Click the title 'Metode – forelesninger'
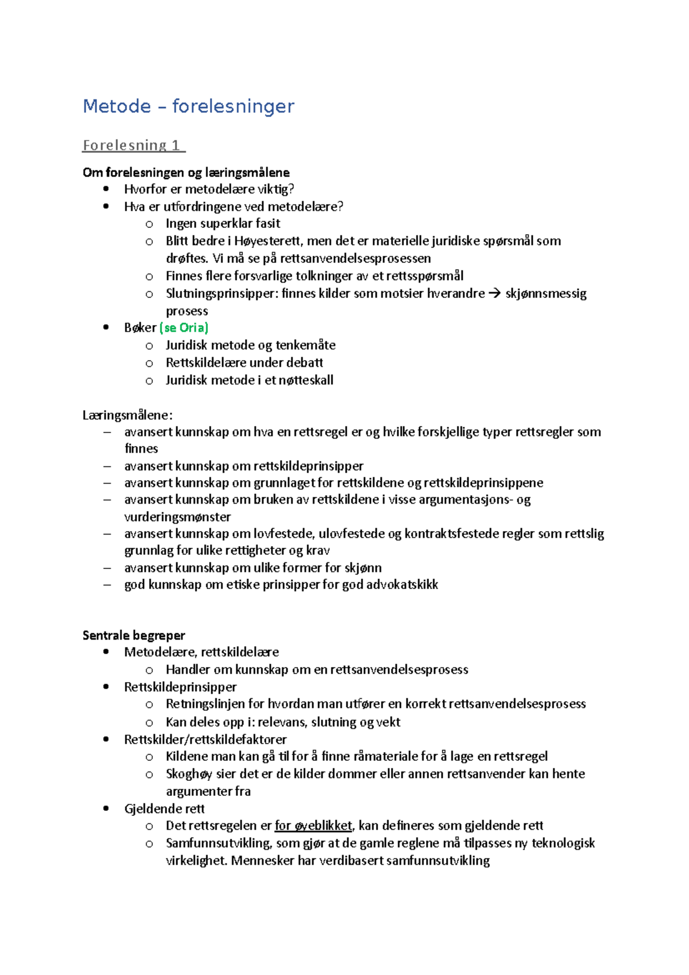(188, 106)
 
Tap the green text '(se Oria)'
(184, 328)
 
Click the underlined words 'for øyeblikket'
(313, 826)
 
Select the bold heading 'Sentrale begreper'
(134, 635)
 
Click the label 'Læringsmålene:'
(127, 415)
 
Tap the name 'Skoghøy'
(189, 774)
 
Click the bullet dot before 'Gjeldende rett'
(106, 808)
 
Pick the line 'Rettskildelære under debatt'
(244, 363)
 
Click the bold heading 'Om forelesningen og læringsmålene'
(186, 172)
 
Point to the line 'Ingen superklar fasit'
(223, 223)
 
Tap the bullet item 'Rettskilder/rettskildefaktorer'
(205, 740)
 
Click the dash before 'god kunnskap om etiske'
(107, 585)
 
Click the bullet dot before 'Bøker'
(106, 327)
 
